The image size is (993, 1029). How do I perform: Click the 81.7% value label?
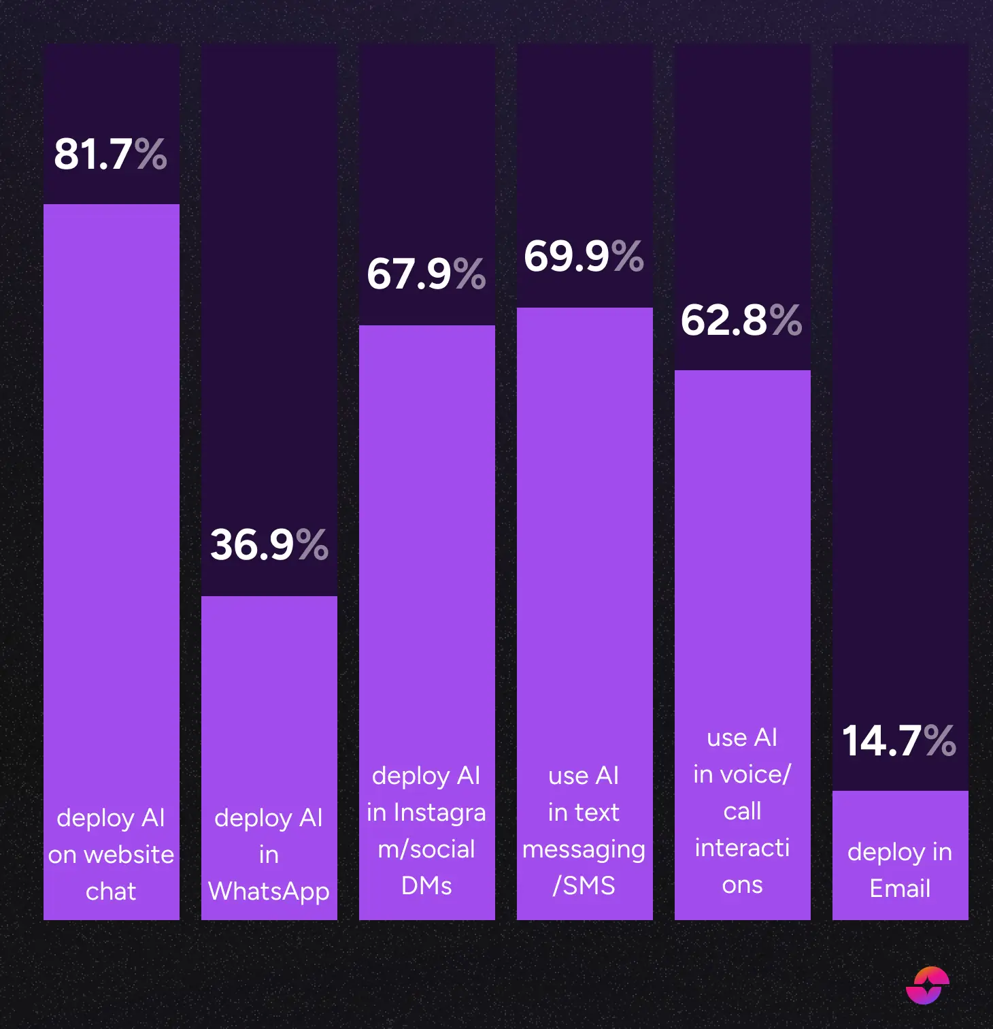click(x=110, y=154)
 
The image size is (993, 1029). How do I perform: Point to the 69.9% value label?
click(x=584, y=257)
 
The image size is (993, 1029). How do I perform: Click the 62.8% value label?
click(x=741, y=320)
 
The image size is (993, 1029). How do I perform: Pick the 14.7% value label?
click(x=899, y=740)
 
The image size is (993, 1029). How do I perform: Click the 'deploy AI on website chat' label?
click(x=111, y=854)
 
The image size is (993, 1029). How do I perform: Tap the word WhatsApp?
click(x=269, y=892)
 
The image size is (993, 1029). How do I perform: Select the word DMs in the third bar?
click(x=426, y=885)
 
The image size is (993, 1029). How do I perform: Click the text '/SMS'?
click(x=584, y=885)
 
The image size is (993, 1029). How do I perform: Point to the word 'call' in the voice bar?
click(x=742, y=811)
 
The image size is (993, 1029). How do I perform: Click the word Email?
click(x=900, y=889)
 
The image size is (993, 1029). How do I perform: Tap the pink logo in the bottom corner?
click(x=928, y=985)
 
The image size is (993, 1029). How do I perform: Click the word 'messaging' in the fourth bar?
click(x=584, y=850)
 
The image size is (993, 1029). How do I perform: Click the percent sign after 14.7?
click(x=940, y=740)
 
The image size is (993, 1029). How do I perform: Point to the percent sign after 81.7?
click(x=150, y=154)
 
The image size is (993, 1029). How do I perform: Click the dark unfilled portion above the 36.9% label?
click(x=269, y=272)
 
